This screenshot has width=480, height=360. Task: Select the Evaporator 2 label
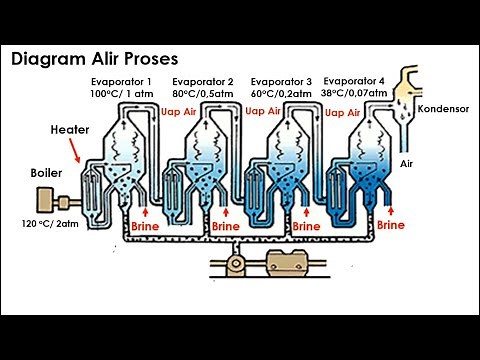pyautogui.click(x=203, y=82)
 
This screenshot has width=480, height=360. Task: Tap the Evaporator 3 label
pyautogui.click(x=281, y=82)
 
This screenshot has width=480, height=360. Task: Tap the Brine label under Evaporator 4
pyautogui.click(x=391, y=225)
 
